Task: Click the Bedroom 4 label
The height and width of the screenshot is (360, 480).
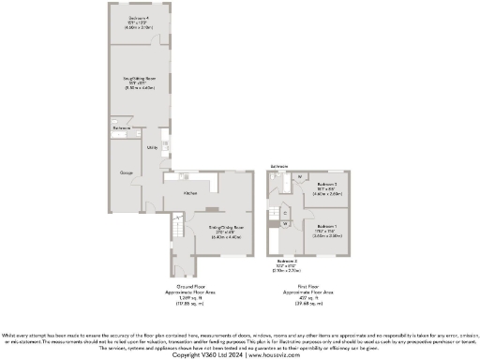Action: [x=138, y=17]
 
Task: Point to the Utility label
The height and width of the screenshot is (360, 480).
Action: [x=151, y=147]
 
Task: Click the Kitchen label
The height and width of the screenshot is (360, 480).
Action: [x=189, y=192]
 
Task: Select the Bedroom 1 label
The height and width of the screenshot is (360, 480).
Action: [x=326, y=227]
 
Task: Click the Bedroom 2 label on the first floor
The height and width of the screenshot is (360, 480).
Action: [x=327, y=184]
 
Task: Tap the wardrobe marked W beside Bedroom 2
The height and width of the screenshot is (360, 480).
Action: [x=300, y=177]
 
